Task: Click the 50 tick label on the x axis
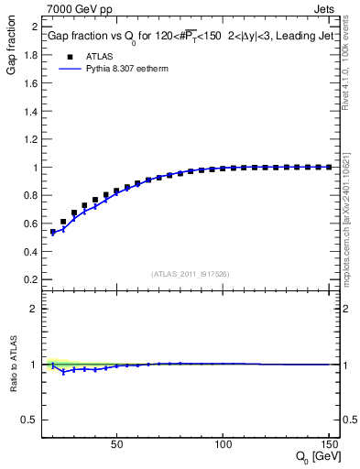tap(116, 444)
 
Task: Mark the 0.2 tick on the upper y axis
tap(29, 279)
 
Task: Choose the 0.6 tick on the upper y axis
tap(29, 224)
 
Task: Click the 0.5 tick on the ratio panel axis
tap(29, 420)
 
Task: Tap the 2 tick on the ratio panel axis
tap(33, 309)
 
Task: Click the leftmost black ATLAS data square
tap(53, 232)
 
